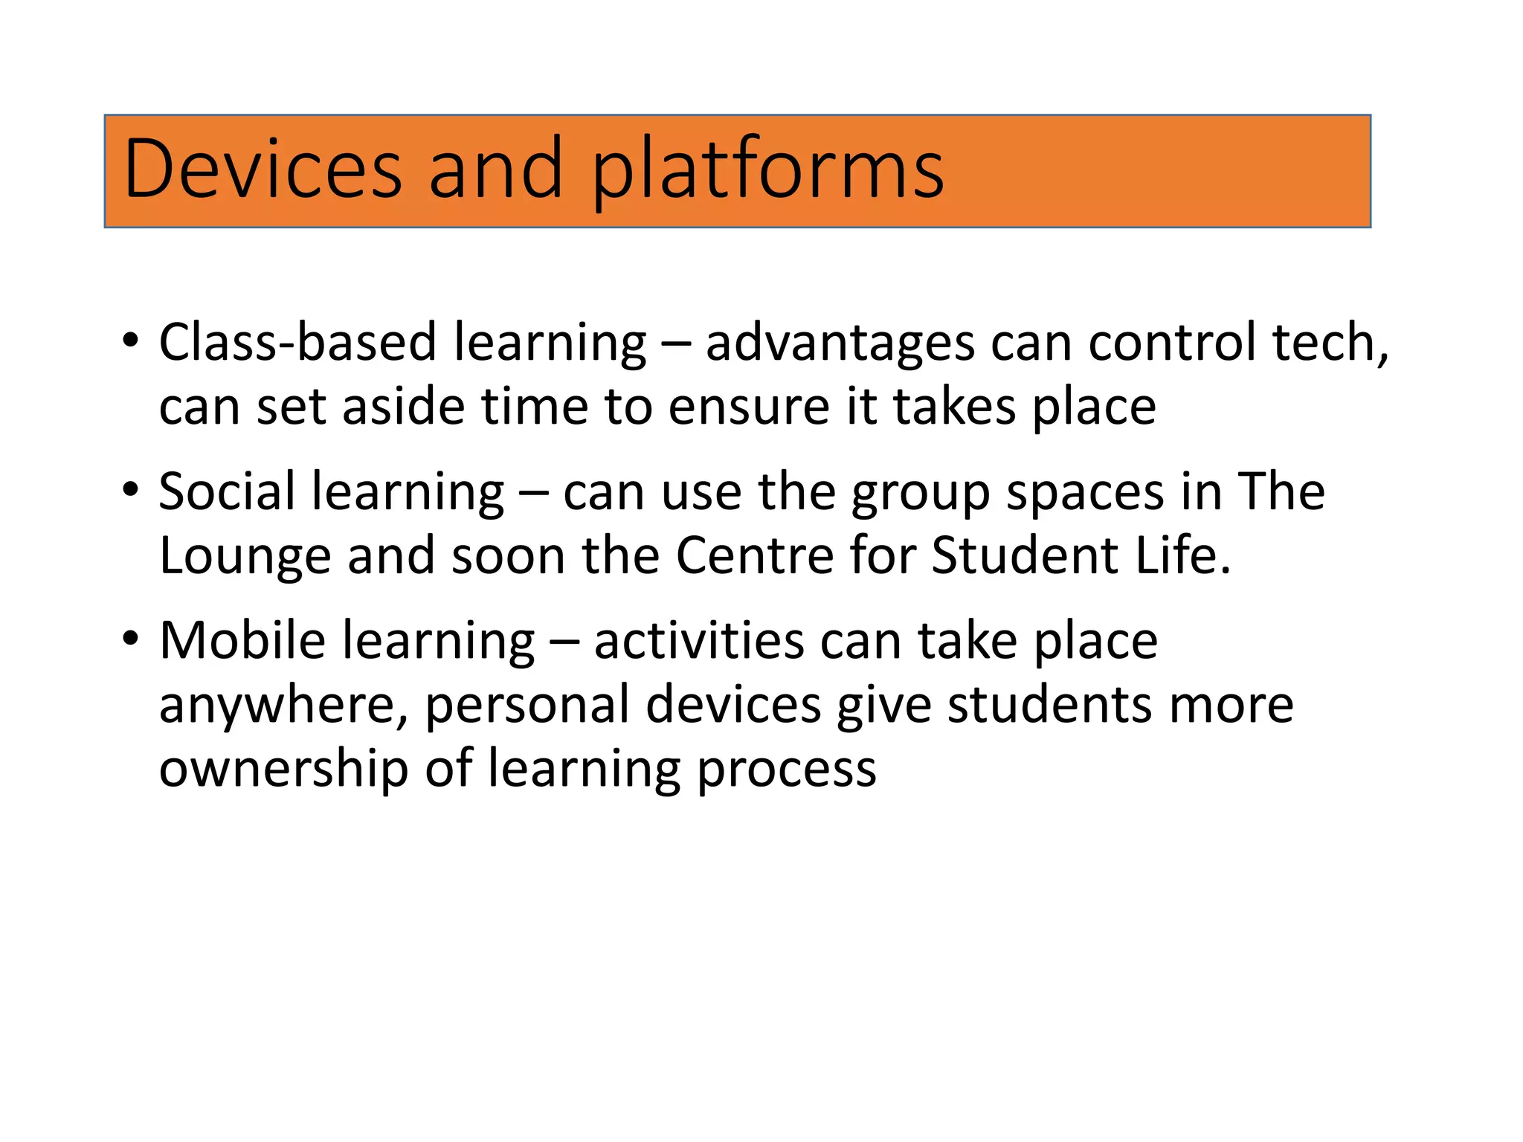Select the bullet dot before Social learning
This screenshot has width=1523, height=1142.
click(x=131, y=490)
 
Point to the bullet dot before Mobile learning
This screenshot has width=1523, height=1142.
click(x=131, y=639)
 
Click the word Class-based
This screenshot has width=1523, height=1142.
click(x=297, y=343)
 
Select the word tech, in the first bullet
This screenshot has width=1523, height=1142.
click(x=1330, y=343)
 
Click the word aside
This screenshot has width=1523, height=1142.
click(x=402, y=407)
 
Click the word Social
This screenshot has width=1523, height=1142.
click(x=227, y=491)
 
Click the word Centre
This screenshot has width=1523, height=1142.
click(x=754, y=556)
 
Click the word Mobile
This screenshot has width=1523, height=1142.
click(x=242, y=640)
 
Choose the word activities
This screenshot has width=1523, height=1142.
click(x=698, y=641)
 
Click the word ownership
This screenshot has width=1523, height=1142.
click(x=283, y=770)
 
